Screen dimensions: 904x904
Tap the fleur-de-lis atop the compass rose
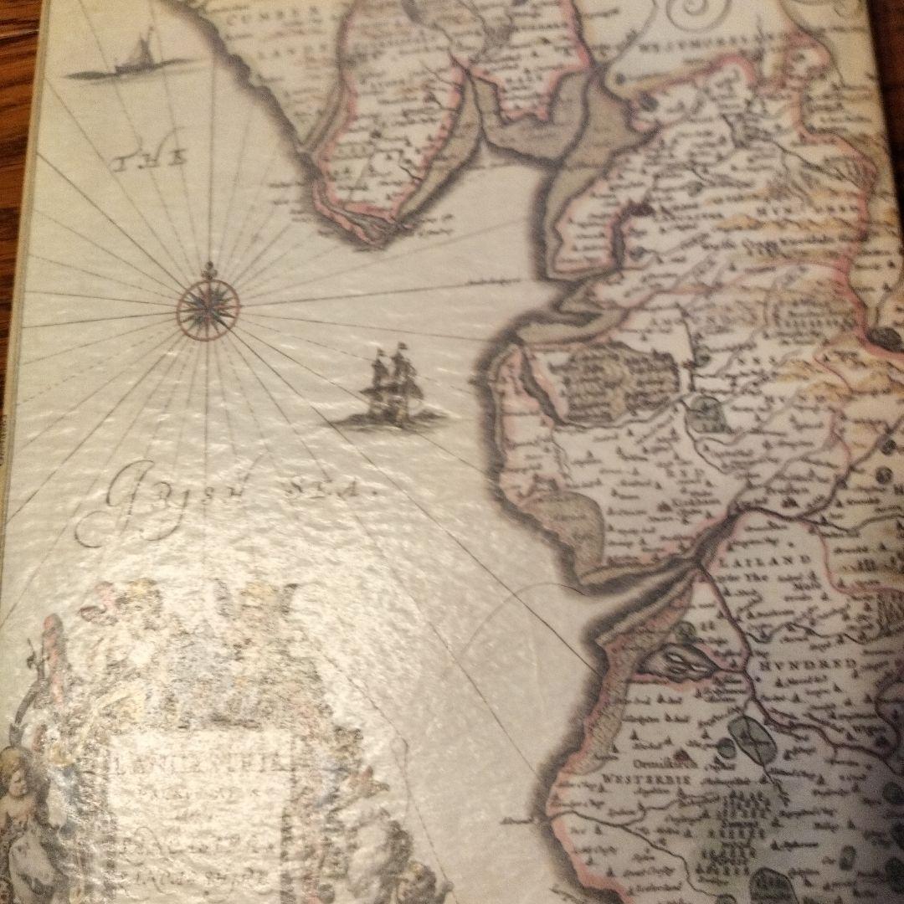(208, 270)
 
